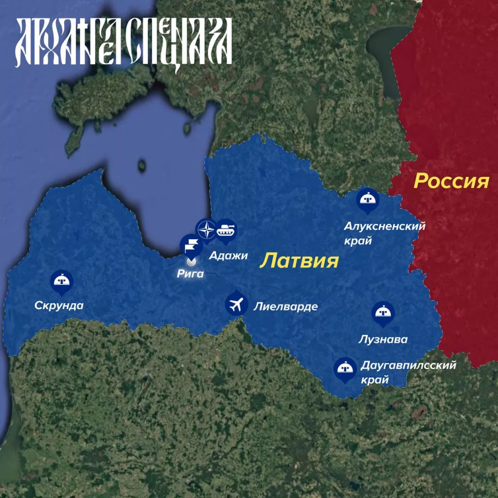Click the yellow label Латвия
click(x=299, y=260)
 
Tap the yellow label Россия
click(x=451, y=181)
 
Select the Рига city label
click(x=190, y=274)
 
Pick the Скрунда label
click(x=59, y=305)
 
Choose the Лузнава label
click(x=383, y=339)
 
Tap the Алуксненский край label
click(x=385, y=233)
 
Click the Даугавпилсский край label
click(x=408, y=372)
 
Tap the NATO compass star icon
click(x=207, y=230)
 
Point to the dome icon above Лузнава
click(x=383, y=313)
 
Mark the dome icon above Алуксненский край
click(x=368, y=199)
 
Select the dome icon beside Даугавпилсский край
click(x=345, y=368)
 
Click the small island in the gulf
click(x=142, y=166)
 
